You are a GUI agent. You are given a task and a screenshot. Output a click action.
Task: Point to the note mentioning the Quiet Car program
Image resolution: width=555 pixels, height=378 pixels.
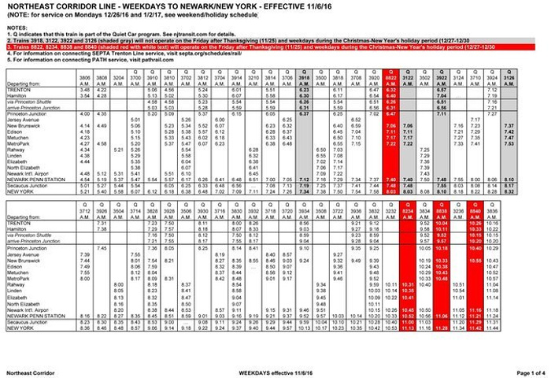(x=118, y=36)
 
